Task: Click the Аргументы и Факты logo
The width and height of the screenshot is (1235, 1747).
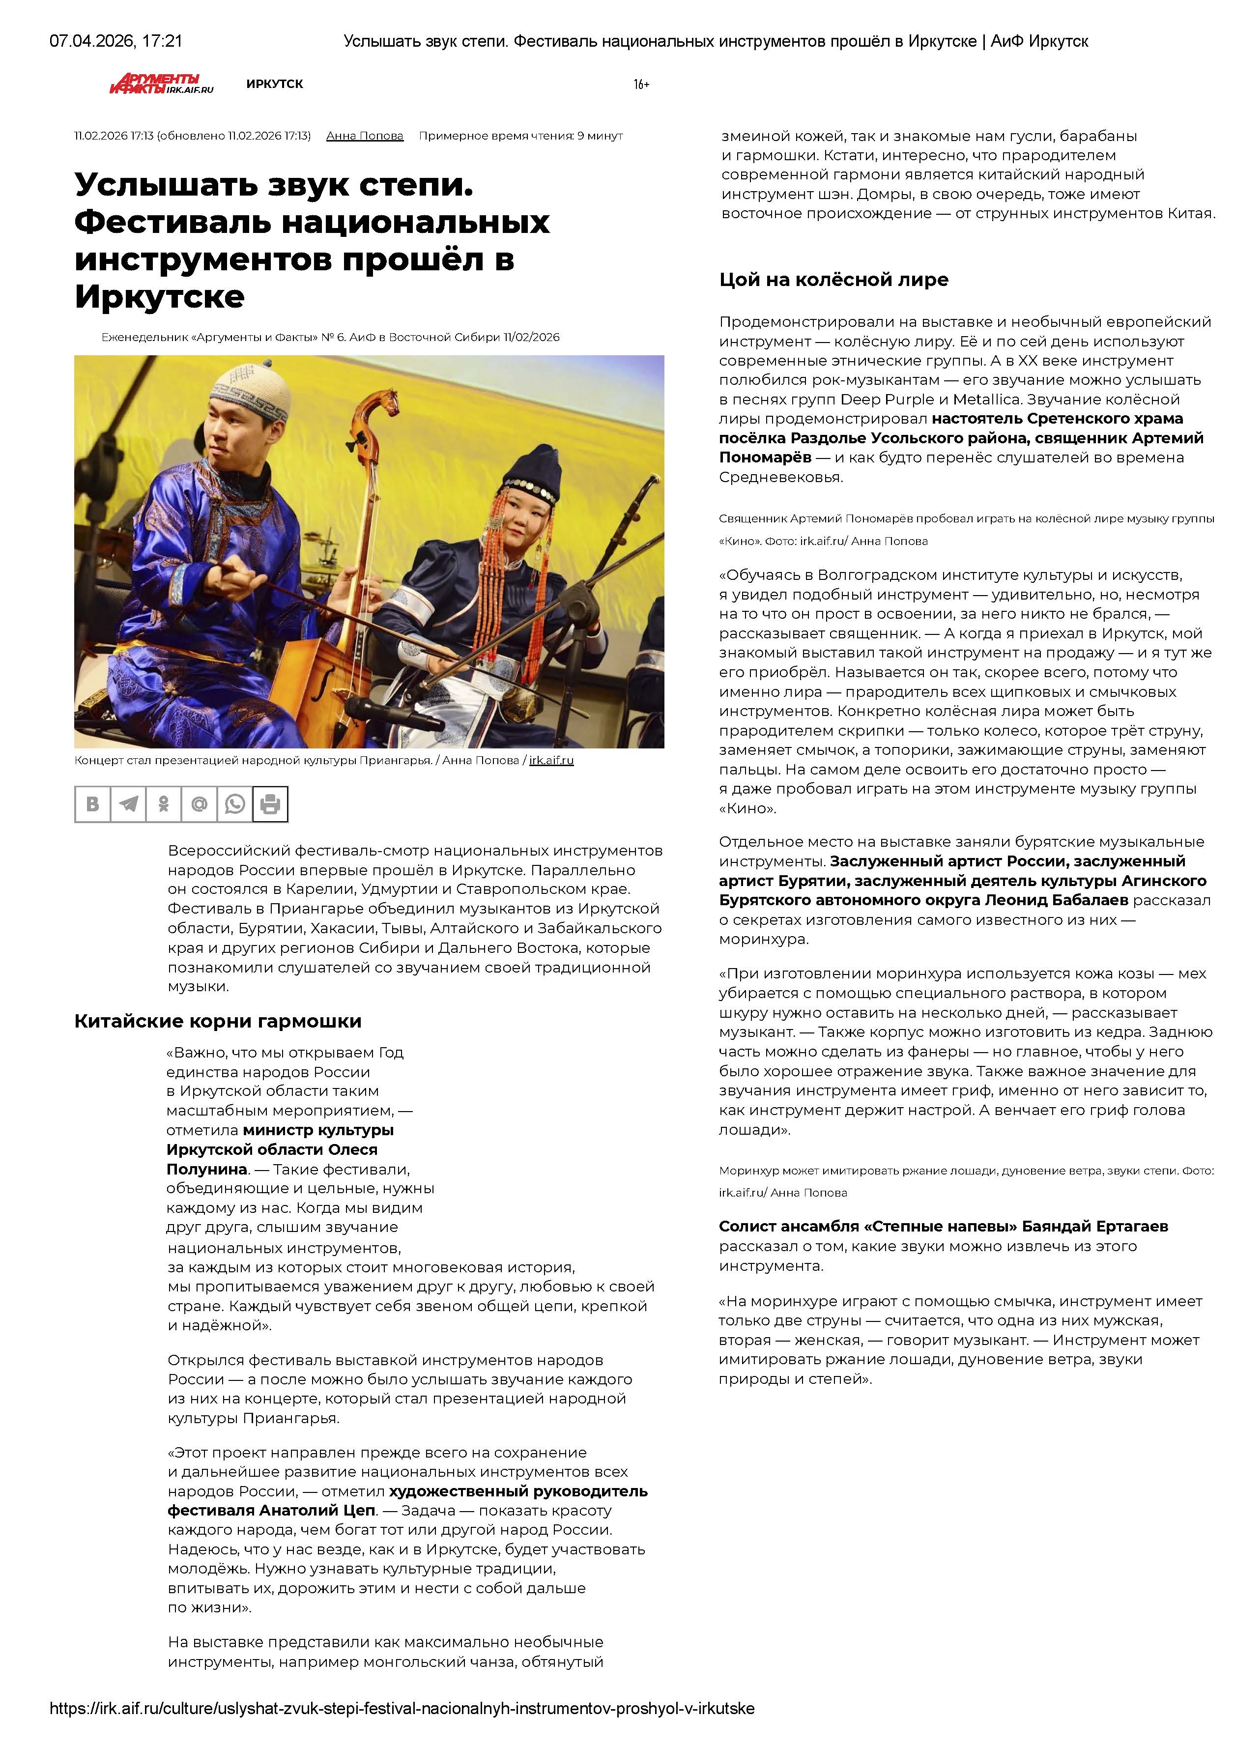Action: click(161, 84)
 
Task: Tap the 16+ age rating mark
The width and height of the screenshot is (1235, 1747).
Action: click(641, 85)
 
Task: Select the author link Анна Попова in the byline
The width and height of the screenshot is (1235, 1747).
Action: click(365, 136)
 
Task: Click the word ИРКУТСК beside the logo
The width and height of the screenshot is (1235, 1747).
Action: click(275, 84)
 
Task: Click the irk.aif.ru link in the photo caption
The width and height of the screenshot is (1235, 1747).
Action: click(552, 760)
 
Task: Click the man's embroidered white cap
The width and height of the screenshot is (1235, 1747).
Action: click(251, 388)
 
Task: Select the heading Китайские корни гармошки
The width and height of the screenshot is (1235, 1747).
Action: click(218, 1021)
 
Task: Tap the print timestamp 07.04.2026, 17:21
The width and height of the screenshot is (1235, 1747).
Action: click(115, 41)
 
